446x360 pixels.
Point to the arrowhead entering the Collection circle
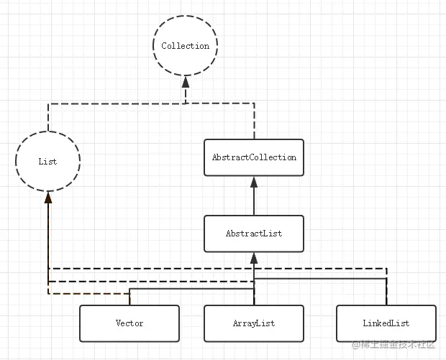coord(186,82)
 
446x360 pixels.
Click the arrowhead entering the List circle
coord(48,198)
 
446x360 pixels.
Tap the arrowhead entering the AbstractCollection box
coord(254,182)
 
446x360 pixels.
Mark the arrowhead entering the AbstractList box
coord(254,258)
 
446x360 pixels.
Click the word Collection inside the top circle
coord(185,46)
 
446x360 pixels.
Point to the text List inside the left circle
coord(47,162)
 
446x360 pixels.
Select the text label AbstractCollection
coord(254,157)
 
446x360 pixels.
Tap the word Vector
coord(129,323)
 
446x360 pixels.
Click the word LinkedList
coord(386,323)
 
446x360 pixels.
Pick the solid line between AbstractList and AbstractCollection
coord(254,201)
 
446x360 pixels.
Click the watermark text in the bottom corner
coord(394,345)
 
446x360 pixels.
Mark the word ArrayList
coord(254,323)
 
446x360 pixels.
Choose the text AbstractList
coord(254,234)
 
